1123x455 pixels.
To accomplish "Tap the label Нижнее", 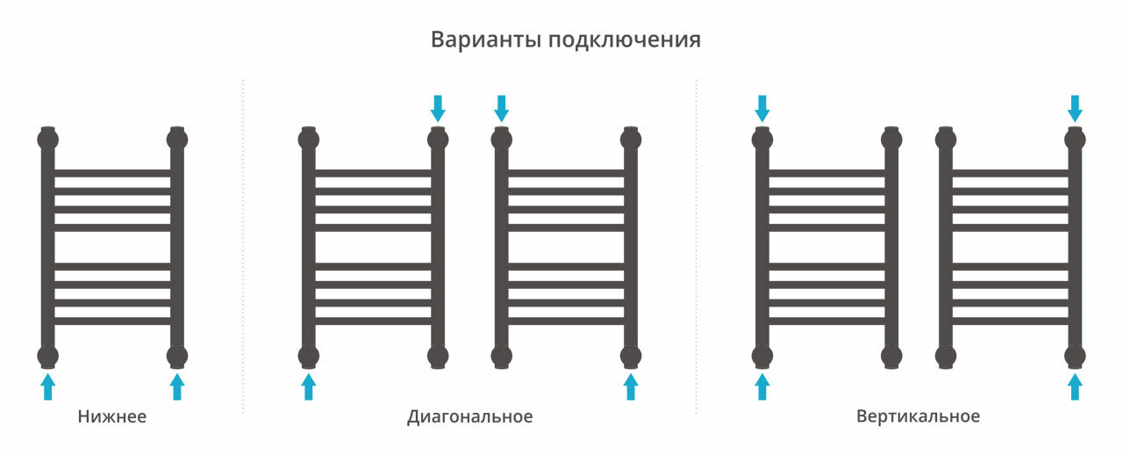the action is click(x=111, y=416).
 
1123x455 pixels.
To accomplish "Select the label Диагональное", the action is click(x=469, y=416).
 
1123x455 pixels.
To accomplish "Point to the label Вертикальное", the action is click(x=918, y=416).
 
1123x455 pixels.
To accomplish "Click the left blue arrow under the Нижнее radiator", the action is click(x=48, y=386).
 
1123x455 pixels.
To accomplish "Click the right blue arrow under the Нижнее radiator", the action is click(x=177, y=386).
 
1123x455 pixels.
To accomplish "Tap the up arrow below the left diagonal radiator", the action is click(x=308, y=386).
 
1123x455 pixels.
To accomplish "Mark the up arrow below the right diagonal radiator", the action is click(x=631, y=386).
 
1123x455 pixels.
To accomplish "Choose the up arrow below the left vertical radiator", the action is click(x=762, y=386).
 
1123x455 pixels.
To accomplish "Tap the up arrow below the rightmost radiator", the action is click(x=1075, y=386).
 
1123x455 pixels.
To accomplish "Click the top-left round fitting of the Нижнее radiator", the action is click(x=48, y=139).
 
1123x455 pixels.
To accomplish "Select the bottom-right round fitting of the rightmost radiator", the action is click(x=1075, y=356).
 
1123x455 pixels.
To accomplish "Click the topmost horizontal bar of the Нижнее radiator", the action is click(x=112, y=173).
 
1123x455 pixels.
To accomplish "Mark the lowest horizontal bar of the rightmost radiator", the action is click(x=1010, y=321).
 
